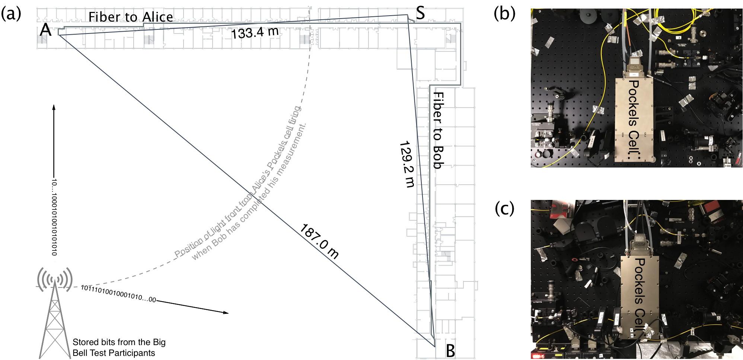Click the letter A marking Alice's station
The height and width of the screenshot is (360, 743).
[45, 29]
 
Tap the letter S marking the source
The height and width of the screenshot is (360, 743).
[420, 13]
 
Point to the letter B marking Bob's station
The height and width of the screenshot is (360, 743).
[450, 351]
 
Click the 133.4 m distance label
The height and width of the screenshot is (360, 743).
[255, 32]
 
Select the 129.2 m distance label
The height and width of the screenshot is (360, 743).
[407, 164]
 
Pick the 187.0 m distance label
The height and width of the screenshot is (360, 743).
[319, 241]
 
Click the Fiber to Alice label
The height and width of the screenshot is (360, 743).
[131, 17]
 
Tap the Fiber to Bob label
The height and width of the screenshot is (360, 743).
[439, 130]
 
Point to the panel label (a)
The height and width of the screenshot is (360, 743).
[11, 14]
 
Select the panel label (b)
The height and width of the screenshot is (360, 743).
[504, 14]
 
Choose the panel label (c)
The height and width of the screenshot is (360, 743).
[504, 208]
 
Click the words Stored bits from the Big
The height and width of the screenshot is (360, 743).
[119, 342]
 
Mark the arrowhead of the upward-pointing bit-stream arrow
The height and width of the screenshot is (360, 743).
[54, 107]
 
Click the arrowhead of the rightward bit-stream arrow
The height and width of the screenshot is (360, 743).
[226, 312]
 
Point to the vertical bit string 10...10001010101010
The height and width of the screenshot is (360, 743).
[54, 217]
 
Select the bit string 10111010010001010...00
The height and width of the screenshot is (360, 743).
[118, 293]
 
